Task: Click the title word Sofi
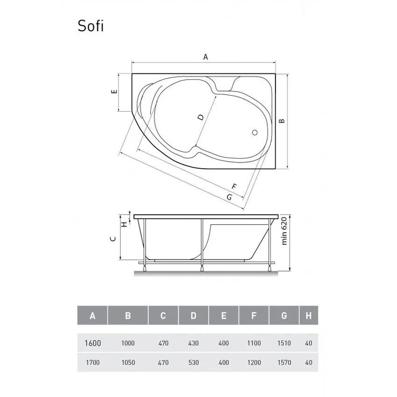(x=91, y=27)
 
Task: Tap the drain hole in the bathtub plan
(x=255, y=132)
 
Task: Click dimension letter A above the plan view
(x=205, y=57)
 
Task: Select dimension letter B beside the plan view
(x=281, y=121)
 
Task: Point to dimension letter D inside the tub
(x=200, y=117)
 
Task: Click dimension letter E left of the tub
(x=113, y=92)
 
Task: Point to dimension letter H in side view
(x=124, y=224)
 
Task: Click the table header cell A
(x=92, y=316)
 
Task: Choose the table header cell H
(x=308, y=316)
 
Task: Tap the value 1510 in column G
(x=284, y=343)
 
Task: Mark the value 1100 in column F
(x=254, y=343)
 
